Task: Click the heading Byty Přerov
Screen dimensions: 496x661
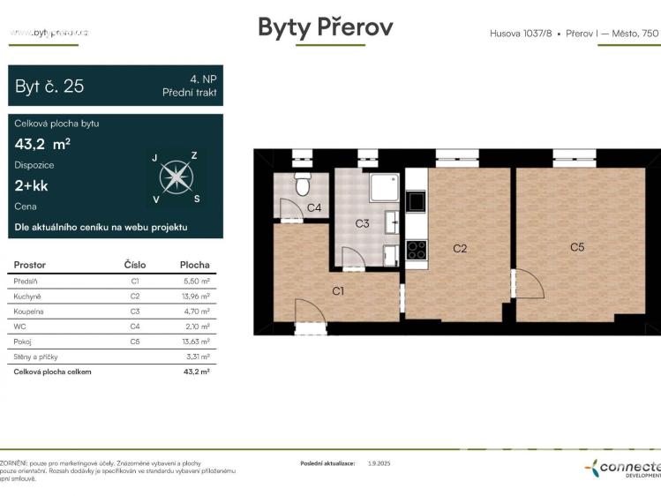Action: click(x=325, y=27)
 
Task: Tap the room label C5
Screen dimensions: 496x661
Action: click(x=576, y=247)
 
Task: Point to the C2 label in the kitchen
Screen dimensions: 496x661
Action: click(x=460, y=248)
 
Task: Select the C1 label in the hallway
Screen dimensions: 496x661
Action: click(x=338, y=289)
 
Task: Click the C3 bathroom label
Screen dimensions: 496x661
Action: click(x=362, y=223)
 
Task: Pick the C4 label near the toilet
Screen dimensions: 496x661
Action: click(x=314, y=208)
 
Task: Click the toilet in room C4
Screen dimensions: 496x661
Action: click(x=302, y=185)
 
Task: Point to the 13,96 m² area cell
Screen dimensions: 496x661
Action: click(x=194, y=296)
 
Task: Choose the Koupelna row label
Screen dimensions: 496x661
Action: click(x=29, y=311)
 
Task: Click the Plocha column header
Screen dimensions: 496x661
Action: click(x=194, y=265)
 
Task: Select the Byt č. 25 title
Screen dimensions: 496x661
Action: click(x=49, y=86)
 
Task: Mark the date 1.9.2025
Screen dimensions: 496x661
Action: click(x=380, y=462)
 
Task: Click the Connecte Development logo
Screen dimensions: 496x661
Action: click(x=623, y=469)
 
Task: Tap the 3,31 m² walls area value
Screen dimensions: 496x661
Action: click(x=198, y=357)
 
